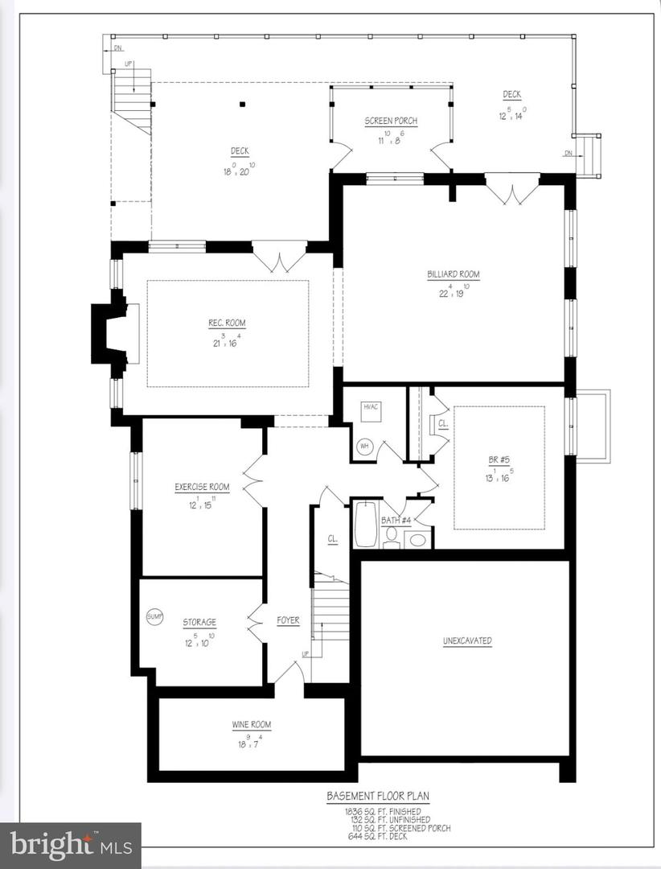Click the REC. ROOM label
[227, 323]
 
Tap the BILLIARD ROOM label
[453, 274]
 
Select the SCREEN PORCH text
[391, 121]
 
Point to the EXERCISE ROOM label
[202, 487]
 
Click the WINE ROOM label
[252, 725]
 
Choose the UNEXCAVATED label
[466, 641]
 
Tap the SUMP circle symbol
[154, 616]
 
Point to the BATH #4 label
[396, 521]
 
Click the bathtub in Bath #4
[365, 524]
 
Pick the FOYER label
[288, 620]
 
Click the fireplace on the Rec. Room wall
[113, 334]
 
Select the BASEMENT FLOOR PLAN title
[377, 796]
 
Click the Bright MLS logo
[71, 846]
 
